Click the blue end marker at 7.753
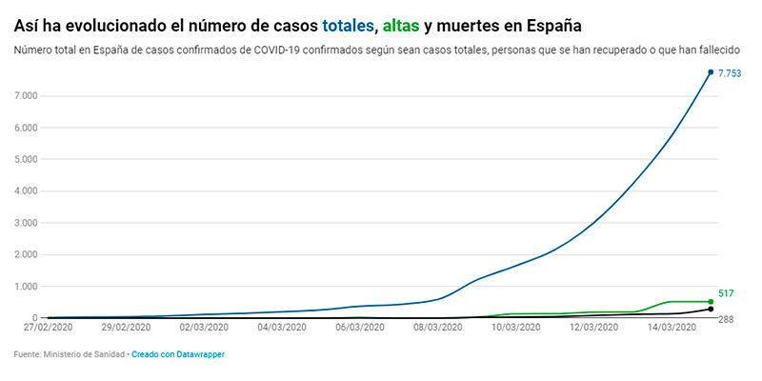tap(711, 72)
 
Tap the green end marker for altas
tap(711, 302)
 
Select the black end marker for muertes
tap(711, 310)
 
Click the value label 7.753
tap(730, 72)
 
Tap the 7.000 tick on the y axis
tap(26, 96)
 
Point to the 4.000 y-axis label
tap(26, 191)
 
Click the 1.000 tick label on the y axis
tap(26, 287)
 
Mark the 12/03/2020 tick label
tap(593, 328)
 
